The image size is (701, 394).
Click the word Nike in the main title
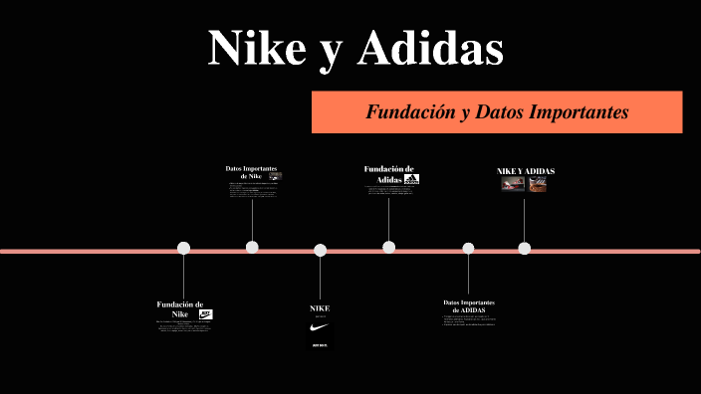pos(256,48)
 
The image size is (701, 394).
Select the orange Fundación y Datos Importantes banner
pos(497,112)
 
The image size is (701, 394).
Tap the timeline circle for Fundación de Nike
pos(183,248)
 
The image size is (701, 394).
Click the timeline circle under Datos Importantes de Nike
pos(252,247)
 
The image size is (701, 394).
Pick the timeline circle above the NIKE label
pos(320,250)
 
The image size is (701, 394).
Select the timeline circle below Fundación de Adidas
pos(388,247)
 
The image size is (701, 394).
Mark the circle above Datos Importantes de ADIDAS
pos(468,249)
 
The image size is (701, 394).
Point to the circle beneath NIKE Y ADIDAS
pos(525,248)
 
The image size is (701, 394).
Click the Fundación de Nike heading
pos(180,308)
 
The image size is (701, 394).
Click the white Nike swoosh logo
pos(320,327)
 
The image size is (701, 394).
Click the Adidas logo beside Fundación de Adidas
pos(411,179)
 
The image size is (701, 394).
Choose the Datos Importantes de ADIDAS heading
pos(469,305)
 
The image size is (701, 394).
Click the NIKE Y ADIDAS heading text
pos(526,171)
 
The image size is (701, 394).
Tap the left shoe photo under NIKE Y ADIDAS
pos(513,184)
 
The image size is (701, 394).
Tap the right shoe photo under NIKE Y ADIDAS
pos(538,184)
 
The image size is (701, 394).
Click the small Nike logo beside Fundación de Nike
pos(206,314)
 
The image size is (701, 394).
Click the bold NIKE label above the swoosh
pos(320,308)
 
